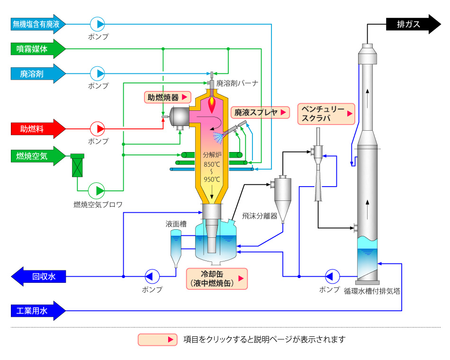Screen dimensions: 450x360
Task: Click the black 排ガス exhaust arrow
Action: pos(413,24)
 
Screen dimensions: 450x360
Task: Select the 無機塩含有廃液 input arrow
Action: pos(38,24)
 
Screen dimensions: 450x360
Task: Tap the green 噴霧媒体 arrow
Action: pos(38,49)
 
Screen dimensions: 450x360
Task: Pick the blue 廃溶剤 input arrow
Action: pos(38,73)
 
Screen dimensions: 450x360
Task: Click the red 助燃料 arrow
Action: pos(38,129)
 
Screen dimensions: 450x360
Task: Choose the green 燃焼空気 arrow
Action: pos(38,156)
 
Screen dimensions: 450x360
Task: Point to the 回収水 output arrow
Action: pos(38,277)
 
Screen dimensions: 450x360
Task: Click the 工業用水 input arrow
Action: pos(38,311)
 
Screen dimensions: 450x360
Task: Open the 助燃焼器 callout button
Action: pos(168,97)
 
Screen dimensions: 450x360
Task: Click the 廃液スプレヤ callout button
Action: pos(261,112)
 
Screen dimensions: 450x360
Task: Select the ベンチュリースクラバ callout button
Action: pos(326,114)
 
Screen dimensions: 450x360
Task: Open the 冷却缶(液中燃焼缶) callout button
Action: pos(217,279)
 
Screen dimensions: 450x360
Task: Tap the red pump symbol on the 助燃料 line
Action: pos(97,129)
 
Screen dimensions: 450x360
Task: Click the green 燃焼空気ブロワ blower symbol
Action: pos(97,190)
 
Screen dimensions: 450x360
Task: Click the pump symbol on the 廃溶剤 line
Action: pos(97,73)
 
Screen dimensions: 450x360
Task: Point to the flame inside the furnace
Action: pos(212,104)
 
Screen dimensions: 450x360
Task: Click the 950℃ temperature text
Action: pos(212,180)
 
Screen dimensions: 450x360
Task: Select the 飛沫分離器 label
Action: pos(260,216)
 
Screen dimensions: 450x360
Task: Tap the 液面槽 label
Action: pos(176,224)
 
